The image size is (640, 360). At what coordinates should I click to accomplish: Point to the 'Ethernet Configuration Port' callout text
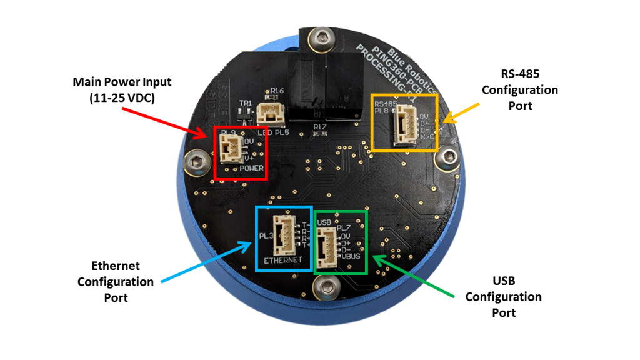click(x=116, y=282)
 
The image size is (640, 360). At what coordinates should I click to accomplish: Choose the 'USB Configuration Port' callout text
click(x=503, y=296)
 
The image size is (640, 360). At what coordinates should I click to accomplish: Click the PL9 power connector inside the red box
click(x=229, y=150)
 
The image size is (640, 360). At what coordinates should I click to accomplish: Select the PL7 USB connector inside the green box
click(x=326, y=247)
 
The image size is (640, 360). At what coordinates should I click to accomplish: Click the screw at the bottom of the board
click(x=326, y=287)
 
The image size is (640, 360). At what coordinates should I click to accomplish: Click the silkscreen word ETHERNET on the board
click(x=283, y=259)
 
